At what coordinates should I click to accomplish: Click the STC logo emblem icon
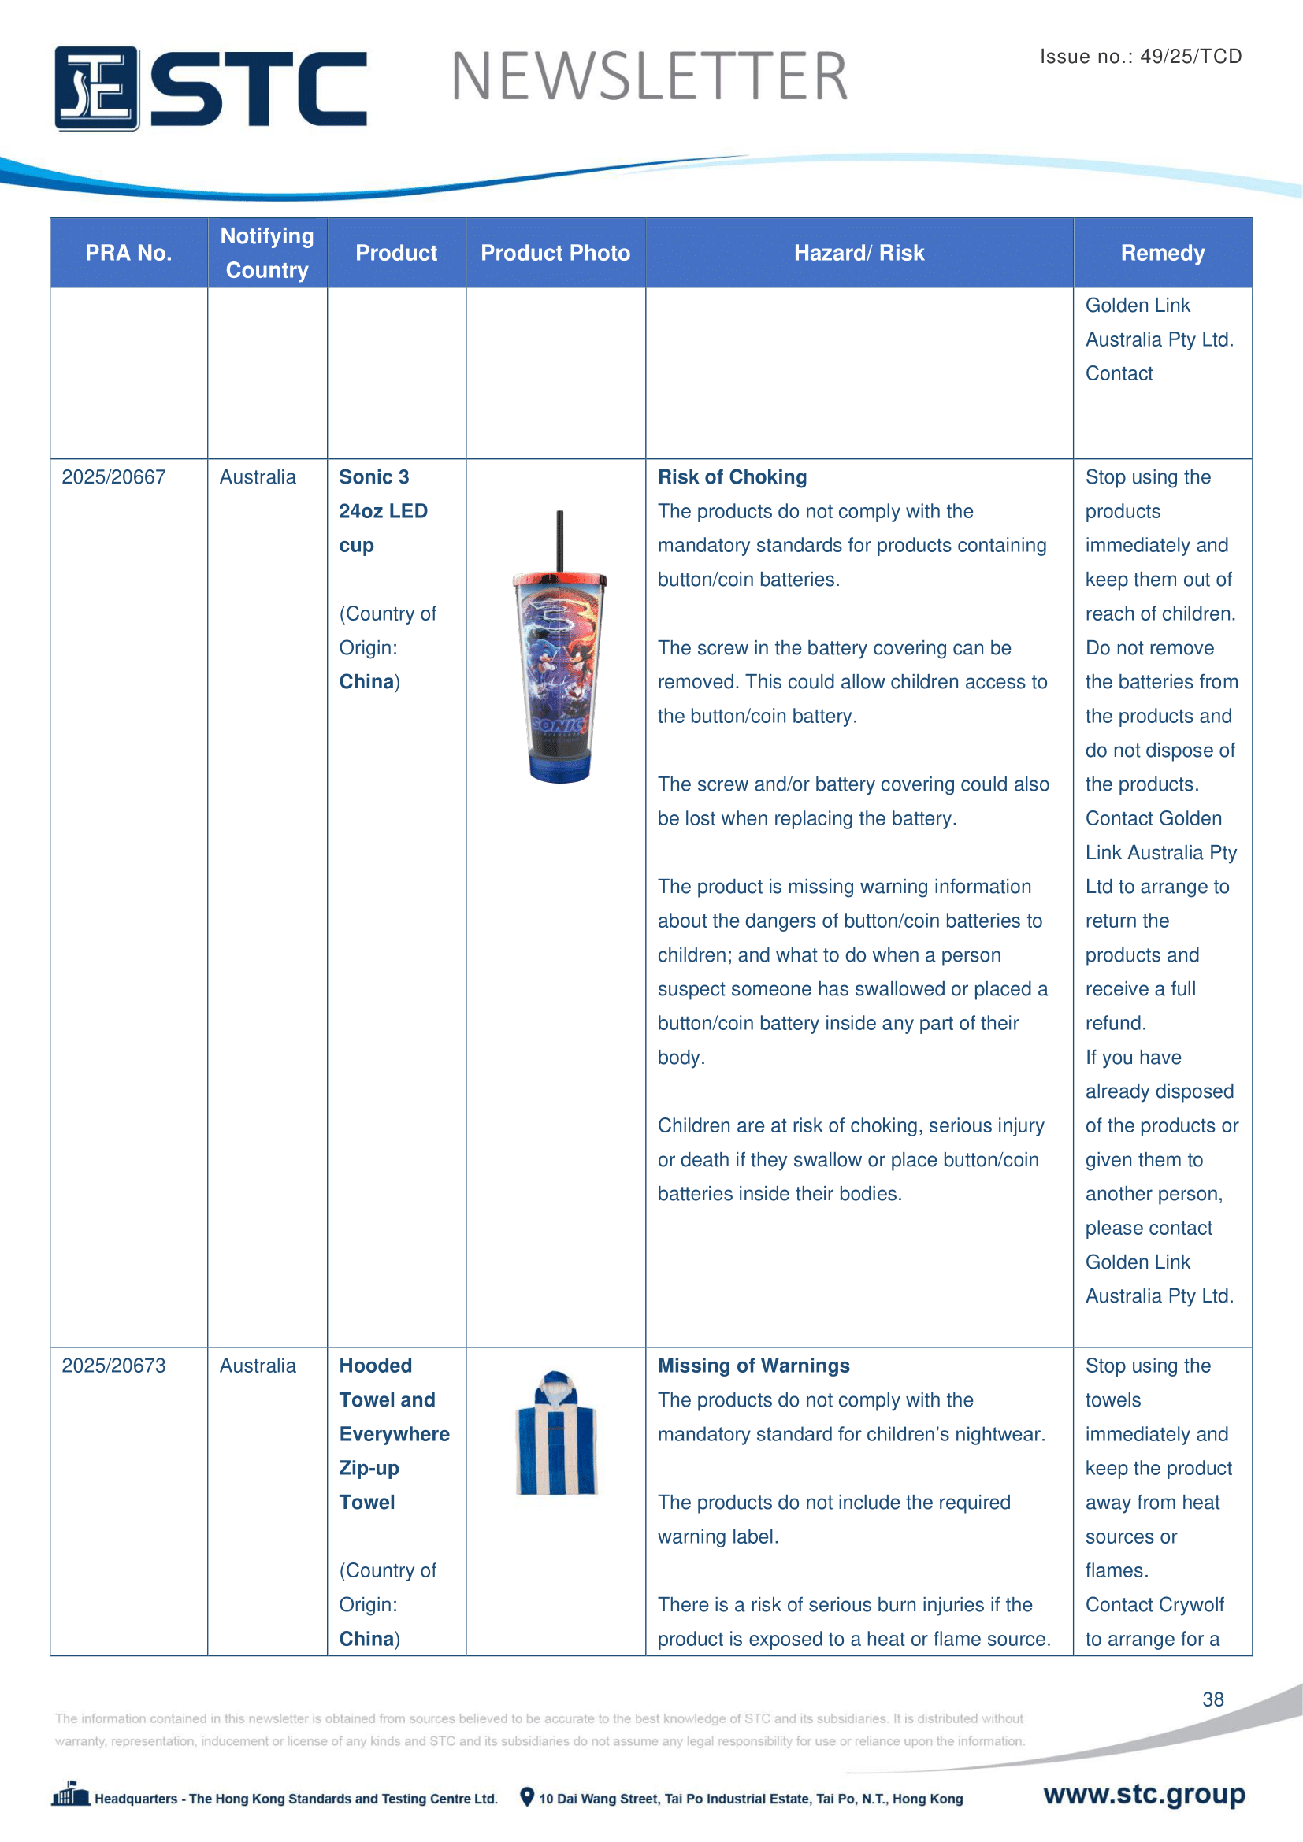click(x=96, y=88)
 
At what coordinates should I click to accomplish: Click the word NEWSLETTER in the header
click(x=649, y=78)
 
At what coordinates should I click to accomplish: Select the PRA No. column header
click(x=128, y=254)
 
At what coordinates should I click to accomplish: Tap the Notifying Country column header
click(x=267, y=254)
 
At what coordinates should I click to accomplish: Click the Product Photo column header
click(x=555, y=254)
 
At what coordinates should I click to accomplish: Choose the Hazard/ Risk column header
click(x=859, y=254)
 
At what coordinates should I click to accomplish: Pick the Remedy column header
click(x=1162, y=254)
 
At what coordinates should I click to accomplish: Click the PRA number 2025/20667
click(x=114, y=477)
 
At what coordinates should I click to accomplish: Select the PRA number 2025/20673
click(x=114, y=1366)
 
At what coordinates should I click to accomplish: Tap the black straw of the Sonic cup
click(x=559, y=539)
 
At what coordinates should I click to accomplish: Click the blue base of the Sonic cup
click(x=560, y=766)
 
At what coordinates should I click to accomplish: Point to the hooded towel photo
click(x=556, y=1433)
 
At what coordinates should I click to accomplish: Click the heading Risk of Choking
click(x=732, y=477)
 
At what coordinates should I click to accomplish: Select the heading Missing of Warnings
click(x=753, y=1366)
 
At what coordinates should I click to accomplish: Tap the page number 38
click(x=1212, y=1699)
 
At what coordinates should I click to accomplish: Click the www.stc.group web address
click(x=1144, y=1795)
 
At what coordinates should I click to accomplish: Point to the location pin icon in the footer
click(x=527, y=1797)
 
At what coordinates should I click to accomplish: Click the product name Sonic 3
click(x=374, y=477)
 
